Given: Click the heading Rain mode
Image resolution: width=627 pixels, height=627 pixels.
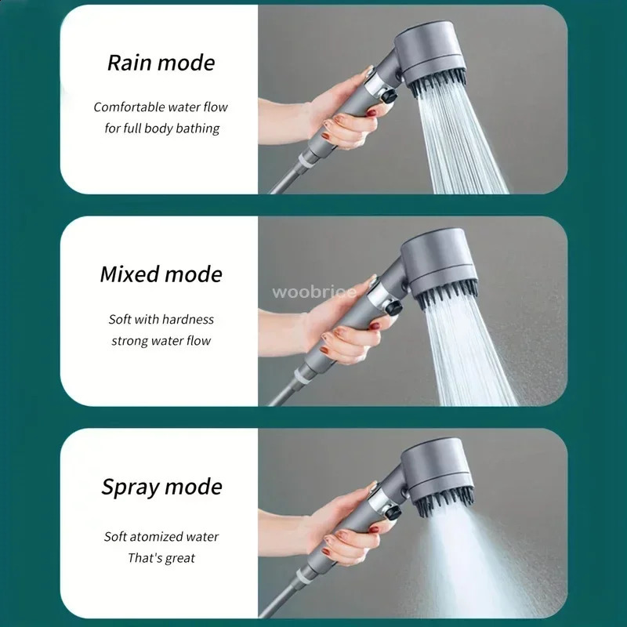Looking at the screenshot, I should (161, 63).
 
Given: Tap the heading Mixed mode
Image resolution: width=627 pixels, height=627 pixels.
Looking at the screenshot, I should (161, 274).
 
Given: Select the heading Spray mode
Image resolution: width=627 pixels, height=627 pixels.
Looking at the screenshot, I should (161, 487).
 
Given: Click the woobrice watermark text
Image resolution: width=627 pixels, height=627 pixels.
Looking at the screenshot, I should (314, 292).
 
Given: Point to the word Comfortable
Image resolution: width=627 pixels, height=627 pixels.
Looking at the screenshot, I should (129, 107).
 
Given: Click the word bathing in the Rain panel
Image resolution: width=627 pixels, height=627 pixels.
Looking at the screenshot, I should (199, 127).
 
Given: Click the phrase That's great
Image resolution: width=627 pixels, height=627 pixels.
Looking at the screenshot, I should (161, 558).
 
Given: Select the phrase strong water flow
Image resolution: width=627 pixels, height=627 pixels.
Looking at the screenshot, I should (161, 341).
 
